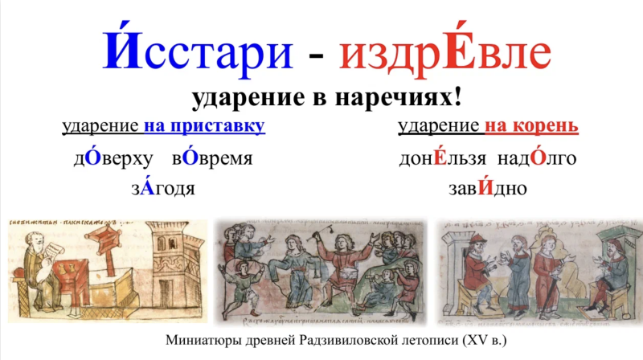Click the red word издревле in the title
pos(444,52)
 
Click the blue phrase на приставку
pos(205,127)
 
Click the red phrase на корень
pos(531,127)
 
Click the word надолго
pos(536,157)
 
